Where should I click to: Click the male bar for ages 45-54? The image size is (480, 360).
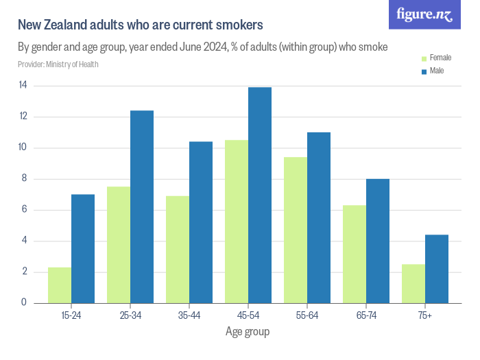click(260, 195)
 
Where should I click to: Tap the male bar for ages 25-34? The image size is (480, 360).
click(142, 206)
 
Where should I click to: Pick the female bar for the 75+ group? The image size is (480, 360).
click(413, 283)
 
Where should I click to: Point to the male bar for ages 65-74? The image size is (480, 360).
click(378, 241)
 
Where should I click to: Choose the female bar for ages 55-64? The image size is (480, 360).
click(296, 230)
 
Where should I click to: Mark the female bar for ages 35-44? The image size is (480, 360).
click(178, 249)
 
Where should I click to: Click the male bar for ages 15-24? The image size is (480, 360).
click(83, 248)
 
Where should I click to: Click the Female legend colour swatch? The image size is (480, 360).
click(424, 58)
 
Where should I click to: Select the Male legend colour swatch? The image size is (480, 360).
click(424, 71)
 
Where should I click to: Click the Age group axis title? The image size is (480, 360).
click(248, 332)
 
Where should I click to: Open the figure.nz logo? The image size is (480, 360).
click(424, 14)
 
